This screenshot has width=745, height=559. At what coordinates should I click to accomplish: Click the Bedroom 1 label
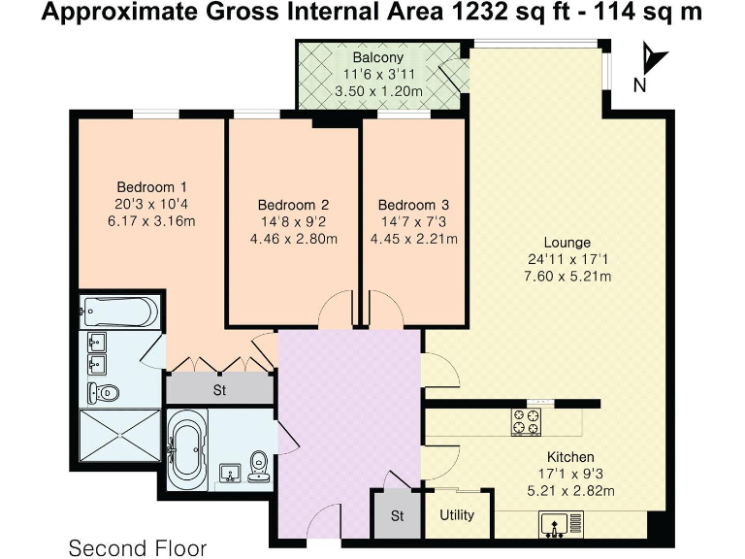(x=151, y=187)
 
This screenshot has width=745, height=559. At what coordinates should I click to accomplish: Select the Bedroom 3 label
(x=413, y=205)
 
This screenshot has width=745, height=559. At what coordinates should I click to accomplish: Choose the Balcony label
(x=378, y=57)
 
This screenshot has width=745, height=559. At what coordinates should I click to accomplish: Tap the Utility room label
(x=458, y=515)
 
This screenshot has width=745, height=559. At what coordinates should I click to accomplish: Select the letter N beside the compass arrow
(x=639, y=84)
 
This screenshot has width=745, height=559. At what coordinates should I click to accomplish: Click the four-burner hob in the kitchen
(x=527, y=420)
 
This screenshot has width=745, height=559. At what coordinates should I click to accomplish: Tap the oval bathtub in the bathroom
(x=185, y=449)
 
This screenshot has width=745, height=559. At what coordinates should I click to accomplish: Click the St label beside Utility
(x=397, y=515)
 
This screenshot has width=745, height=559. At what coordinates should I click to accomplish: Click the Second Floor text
(x=137, y=548)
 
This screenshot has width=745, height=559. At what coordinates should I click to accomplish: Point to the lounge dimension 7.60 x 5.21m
(x=567, y=276)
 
